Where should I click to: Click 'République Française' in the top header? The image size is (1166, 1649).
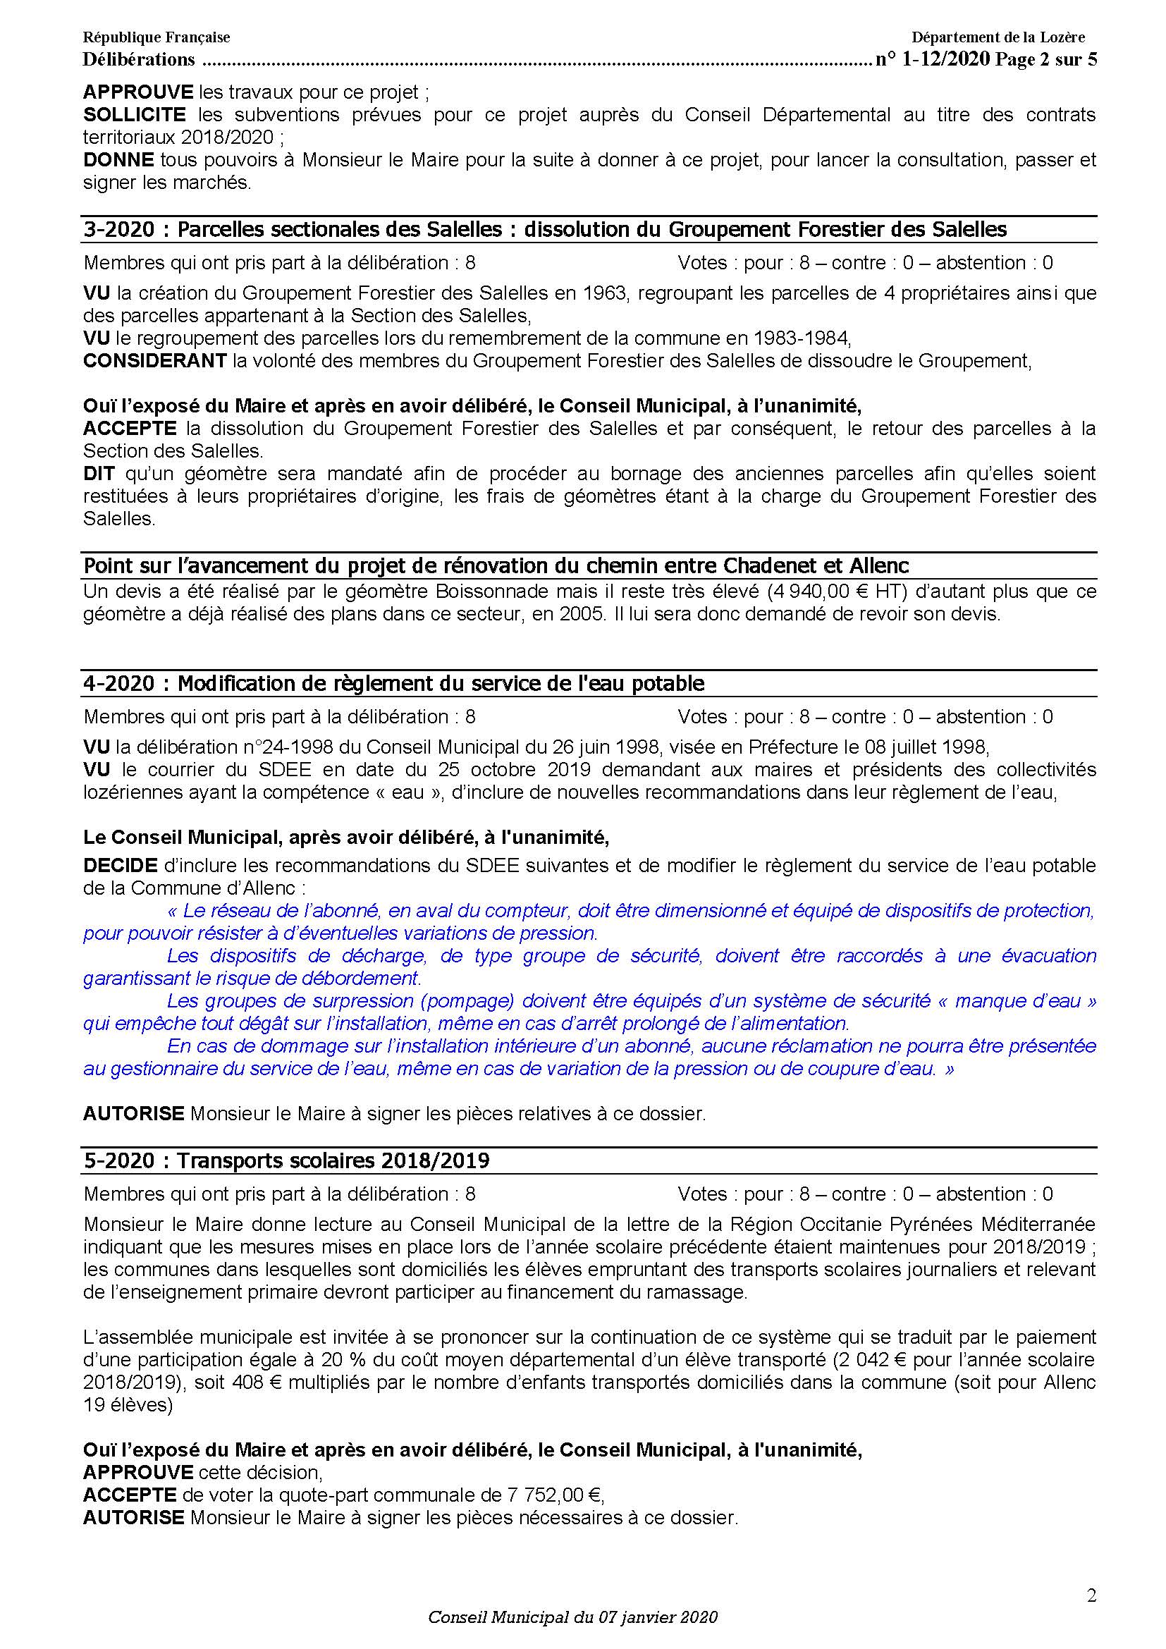point(157,37)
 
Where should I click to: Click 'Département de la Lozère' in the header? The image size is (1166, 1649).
point(998,37)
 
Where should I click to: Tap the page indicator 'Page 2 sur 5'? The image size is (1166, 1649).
point(1046,60)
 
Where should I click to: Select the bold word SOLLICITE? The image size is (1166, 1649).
point(135,115)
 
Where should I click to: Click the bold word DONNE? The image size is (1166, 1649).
point(118,160)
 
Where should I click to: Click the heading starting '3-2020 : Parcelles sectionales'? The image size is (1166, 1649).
point(545,229)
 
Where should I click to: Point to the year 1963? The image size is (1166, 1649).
point(608,293)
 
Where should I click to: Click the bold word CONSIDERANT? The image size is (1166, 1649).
point(155,360)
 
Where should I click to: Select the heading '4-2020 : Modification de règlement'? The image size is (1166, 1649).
point(393,683)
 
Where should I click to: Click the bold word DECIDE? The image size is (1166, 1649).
point(121,866)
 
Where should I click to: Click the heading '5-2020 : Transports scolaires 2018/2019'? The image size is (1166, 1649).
point(286,1160)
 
